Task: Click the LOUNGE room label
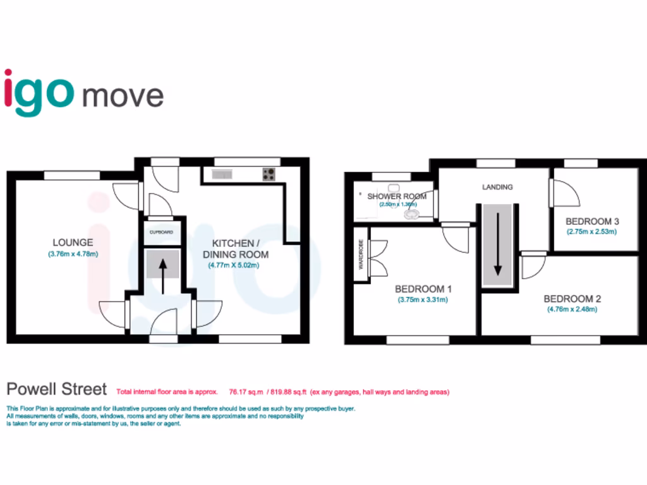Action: [x=73, y=242]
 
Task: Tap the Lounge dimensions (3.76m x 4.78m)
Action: [x=73, y=254]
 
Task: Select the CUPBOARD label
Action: [x=161, y=232]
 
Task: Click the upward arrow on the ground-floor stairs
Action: [x=162, y=275]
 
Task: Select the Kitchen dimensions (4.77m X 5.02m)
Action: [x=239, y=265]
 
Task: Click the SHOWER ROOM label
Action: [x=397, y=196]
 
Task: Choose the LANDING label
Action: [x=497, y=187]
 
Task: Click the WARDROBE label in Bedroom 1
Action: [x=361, y=254]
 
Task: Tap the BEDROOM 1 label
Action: [x=423, y=289]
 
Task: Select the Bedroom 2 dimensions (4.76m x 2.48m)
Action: [x=572, y=309]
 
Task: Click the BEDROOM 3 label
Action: [x=592, y=222]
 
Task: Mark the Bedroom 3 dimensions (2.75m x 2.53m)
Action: [x=592, y=232]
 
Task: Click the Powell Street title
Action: [x=56, y=388]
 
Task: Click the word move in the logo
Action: [x=123, y=95]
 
